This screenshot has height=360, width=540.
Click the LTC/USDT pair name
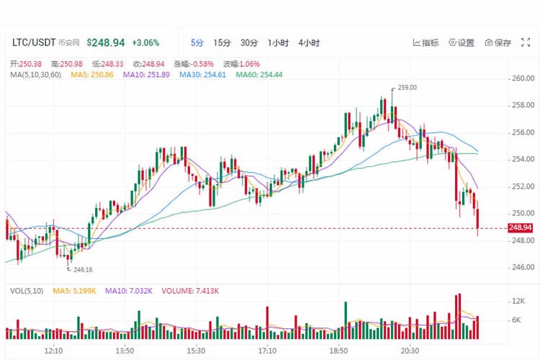(34, 42)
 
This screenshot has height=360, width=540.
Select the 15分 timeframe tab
(222, 42)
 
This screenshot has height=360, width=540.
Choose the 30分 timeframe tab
(249, 42)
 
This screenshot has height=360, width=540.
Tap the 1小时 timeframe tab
(278, 42)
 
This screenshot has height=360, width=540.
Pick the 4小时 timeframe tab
(309, 42)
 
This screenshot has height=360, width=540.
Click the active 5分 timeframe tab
(197, 42)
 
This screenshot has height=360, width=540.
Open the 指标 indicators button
(426, 42)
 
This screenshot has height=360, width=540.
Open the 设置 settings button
(462, 42)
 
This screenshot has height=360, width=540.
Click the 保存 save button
(498, 42)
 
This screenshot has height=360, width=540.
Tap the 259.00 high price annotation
(407, 88)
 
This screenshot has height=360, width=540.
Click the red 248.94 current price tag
(520, 228)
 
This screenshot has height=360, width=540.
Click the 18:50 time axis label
(338, 350)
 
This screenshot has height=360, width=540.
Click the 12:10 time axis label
(54, 350)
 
